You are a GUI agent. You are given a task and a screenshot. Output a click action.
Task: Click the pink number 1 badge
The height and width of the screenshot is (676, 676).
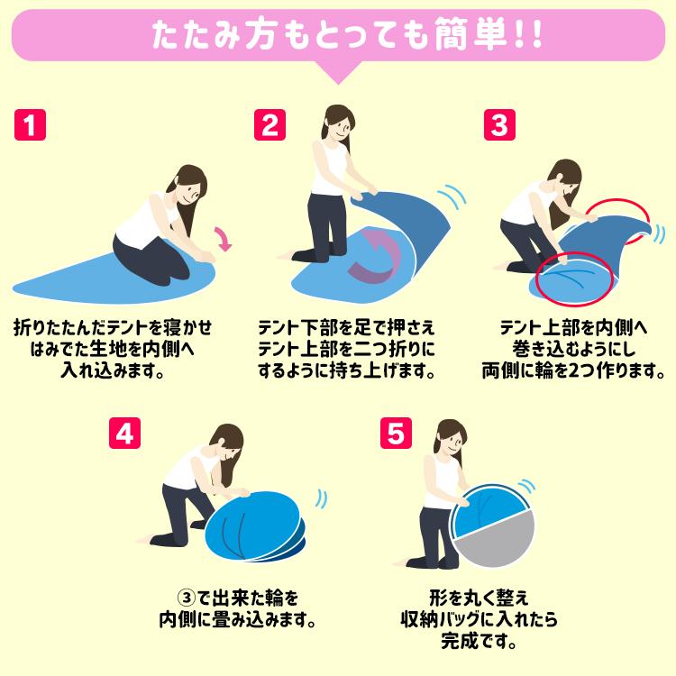[30, 124]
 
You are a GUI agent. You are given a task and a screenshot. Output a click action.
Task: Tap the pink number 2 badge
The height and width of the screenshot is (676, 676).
[269, 124]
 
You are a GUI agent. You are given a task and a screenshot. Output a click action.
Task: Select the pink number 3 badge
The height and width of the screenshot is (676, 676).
[499, 124]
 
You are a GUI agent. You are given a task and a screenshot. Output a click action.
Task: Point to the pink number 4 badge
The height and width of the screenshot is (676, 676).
[124, 434]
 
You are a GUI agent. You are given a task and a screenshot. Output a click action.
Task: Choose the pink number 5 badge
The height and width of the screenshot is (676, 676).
[396, 434]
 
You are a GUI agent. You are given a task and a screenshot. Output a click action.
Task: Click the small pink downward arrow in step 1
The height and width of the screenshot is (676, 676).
[224, 239]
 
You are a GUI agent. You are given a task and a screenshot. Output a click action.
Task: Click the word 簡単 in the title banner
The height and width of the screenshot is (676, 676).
[470, 34]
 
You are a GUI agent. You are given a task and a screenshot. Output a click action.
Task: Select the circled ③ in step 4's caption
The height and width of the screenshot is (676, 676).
[187, 598]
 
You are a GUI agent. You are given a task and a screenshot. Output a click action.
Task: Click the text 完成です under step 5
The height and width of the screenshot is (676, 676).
[479, 642]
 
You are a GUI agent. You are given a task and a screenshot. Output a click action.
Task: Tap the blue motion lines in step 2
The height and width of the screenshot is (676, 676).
[452, 197]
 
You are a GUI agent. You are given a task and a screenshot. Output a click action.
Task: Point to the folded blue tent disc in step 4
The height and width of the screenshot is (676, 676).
[254, 527]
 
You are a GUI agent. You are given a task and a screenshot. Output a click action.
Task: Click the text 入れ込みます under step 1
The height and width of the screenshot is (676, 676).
[113, 370]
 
